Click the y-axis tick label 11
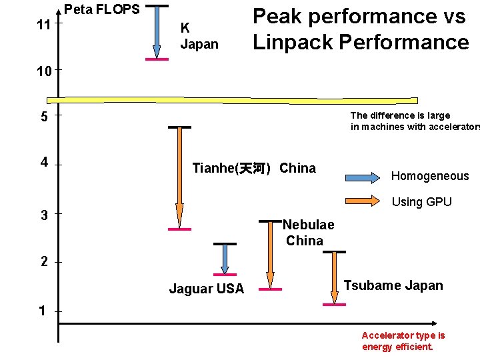pos(42,25)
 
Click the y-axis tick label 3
pos(43,215)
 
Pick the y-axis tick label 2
pos(43,262)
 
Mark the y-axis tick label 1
pos(43,311)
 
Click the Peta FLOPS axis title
pos(102,9)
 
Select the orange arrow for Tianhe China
pos(179,177)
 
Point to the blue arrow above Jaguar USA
pos(225,259)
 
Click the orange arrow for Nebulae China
pos(270,254)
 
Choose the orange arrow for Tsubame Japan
pos(334,277)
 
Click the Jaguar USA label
pos(207,289)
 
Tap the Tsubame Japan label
pos(393,285)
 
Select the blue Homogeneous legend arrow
pos(363,177)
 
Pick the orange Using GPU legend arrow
pos(363,199)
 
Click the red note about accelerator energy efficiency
pos(403,341)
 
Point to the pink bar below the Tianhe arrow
pos(179,229)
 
